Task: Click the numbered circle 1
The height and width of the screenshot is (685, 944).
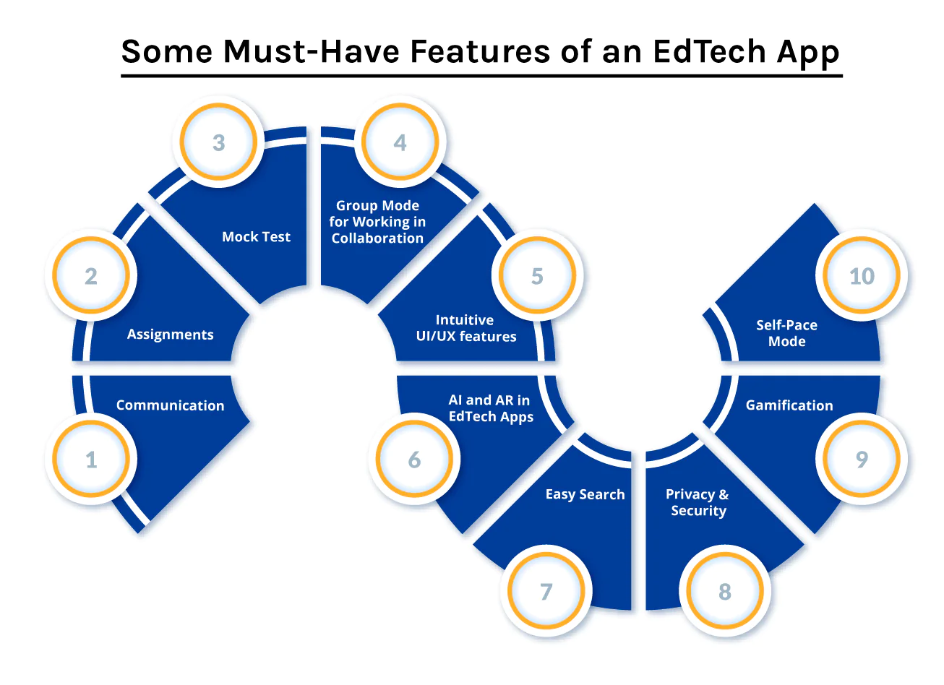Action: [91, 458]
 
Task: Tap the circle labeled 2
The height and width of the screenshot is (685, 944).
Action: [91, 275]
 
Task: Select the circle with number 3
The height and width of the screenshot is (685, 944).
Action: [218, 142]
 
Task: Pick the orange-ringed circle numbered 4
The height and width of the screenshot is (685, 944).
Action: [400, 142]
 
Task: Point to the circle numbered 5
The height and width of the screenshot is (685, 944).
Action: [537, 275]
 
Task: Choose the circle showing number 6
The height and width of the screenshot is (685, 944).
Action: [414, 458]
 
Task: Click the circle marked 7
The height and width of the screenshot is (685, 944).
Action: [546, 590]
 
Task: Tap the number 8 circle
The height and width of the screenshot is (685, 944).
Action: [725, 590]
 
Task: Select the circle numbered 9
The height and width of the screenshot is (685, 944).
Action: [862, 458]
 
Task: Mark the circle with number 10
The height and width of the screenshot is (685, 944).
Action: [862, 275]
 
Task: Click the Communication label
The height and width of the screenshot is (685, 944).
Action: [171, 405]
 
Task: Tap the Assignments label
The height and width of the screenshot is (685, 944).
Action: [171, 335]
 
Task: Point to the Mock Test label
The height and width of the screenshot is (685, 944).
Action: [256, 237]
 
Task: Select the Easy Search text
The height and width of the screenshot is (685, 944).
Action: [585, 494]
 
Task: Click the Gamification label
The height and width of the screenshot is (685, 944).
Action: [789, 405]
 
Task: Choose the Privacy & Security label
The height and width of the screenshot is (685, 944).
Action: [698, 502]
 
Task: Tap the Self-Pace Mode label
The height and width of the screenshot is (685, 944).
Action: [787, 333]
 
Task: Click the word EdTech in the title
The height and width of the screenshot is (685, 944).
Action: [709, 52]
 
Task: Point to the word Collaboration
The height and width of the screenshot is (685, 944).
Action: [377, 238]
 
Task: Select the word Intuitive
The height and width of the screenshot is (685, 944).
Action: [465, 320]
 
